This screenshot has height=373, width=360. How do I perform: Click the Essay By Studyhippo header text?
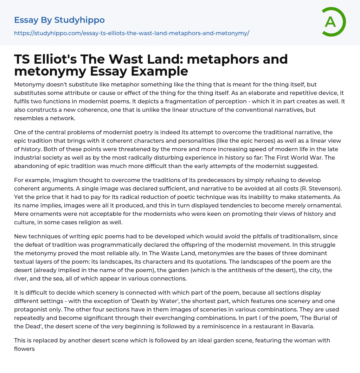(59, 20)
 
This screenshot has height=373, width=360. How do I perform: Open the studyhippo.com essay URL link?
(131, 33)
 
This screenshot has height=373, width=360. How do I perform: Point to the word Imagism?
(67, 180)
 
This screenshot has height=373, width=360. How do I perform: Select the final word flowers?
(24, 349)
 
